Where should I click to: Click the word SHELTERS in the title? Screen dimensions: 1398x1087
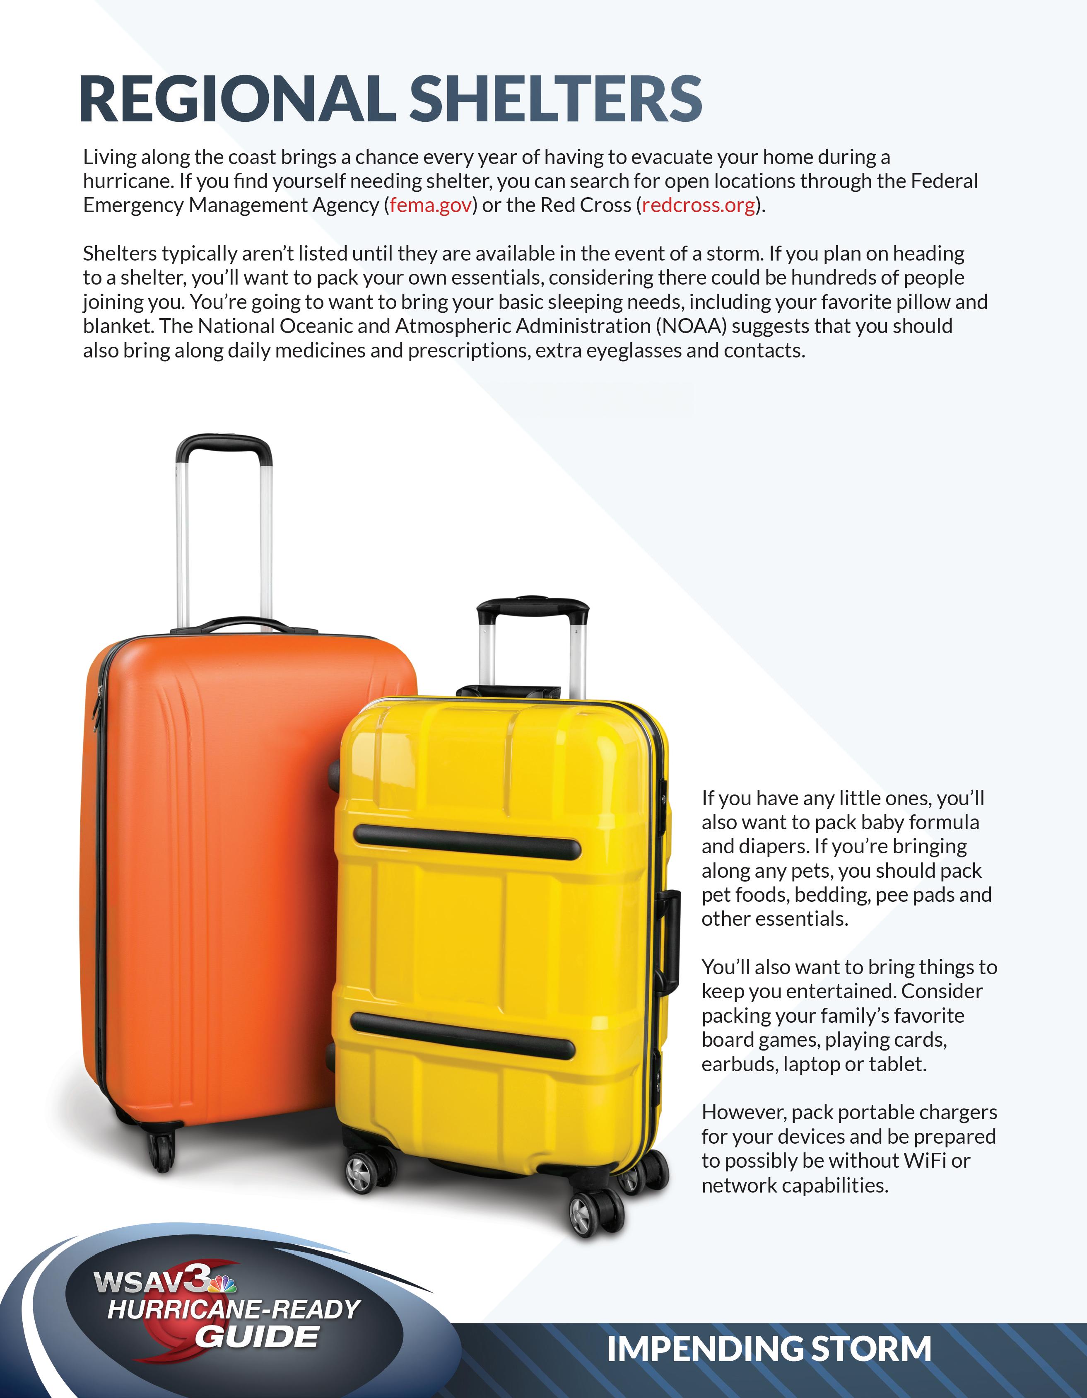click(x=555, y=99)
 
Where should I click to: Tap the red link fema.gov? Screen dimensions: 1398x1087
click(x=431, y=205)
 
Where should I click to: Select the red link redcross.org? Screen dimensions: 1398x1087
click(x=698, y=205)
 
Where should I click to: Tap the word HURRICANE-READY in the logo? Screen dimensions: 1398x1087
click(x=234, y=1310)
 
